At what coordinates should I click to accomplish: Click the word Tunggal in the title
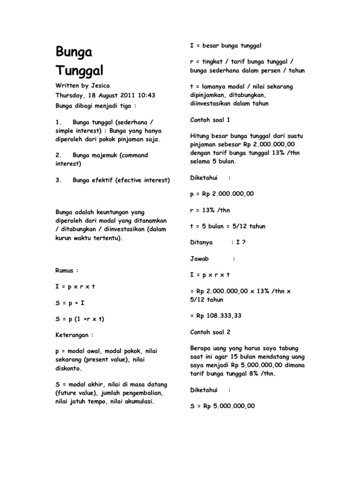coord(80,71)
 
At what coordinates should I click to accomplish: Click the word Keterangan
coord(74,335)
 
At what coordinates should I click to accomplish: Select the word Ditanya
coord(201,242)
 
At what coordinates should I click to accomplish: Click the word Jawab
coord(199,258)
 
